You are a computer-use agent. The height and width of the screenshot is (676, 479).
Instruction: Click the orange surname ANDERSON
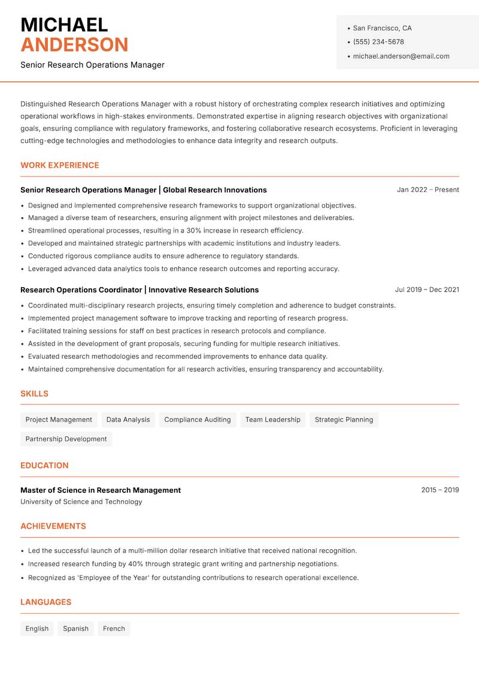click(x=74, y=45)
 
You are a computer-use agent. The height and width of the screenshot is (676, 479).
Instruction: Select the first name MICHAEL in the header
click(x=64, y=25)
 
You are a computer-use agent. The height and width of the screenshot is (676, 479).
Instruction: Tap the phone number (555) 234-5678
click(x=378, y=42)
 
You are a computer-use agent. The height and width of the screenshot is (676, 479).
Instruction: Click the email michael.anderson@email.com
click(x=401, y=56)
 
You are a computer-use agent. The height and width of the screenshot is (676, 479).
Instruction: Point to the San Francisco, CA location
click(x=382, y=28)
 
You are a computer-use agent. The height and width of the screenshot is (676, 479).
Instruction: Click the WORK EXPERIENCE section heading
click(x=60, y=165)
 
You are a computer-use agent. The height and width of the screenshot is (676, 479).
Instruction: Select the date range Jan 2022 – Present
click(x=428, y=190)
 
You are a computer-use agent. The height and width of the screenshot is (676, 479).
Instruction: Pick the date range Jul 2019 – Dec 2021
click(x=427, y=290)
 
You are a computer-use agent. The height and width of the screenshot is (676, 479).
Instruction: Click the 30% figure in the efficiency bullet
click(x=193, y=230)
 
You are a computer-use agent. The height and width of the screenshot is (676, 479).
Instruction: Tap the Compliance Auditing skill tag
click(x=198, y=420)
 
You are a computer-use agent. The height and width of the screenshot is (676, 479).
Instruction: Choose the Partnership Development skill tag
click(x=66, y=439)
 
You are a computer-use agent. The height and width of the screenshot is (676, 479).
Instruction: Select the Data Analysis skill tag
click(x=128, y=420)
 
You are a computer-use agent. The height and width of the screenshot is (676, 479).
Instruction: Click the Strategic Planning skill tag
click(x=344, y=420)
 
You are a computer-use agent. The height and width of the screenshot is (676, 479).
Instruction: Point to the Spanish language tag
click(x=75, y=629)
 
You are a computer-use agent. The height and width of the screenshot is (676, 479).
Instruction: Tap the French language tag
click(x=114, y=629)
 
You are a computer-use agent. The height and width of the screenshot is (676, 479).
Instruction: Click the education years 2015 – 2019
click(x=439, y=490)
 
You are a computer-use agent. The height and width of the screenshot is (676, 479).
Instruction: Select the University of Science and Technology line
click(x=81, y=502)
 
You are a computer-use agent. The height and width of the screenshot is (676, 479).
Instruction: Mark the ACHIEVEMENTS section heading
click(x=53, y=526)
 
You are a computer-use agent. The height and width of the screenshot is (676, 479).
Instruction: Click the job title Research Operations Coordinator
click(x=81, y=290)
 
